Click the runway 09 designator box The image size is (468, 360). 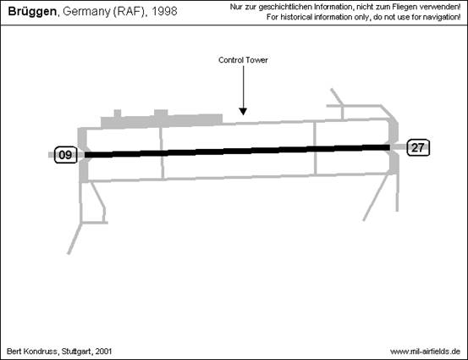click(66, 155)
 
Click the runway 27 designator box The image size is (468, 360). click(418, 147)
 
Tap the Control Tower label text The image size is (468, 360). click(243, 60)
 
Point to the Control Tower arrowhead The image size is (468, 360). click(243, 112)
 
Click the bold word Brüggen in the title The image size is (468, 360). click(32, 12)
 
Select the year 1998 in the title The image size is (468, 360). click(164, 11)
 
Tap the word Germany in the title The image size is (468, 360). click(86, 12)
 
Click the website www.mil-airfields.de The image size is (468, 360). click(425, 352)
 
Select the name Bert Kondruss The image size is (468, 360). click(31, 352)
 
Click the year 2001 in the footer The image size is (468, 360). click(103, 352)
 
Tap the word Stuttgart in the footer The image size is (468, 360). click(76, 352)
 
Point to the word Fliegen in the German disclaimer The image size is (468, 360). click(404, 7)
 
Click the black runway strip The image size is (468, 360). click(237, 151)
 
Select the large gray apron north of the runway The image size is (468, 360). click(162, 121)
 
